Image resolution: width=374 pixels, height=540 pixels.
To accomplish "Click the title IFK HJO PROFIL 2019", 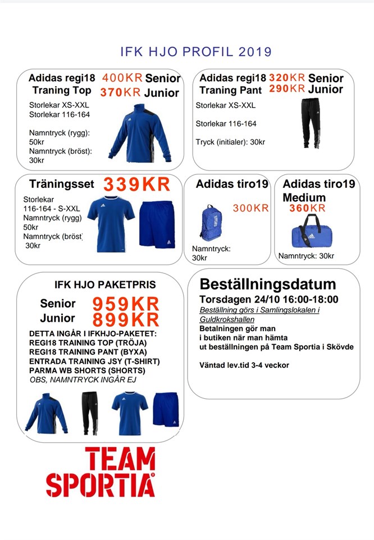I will pyautogui.click(x=196, y=52).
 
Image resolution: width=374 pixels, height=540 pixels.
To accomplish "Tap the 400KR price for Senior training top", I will pyautogui.click(x=122, y=78).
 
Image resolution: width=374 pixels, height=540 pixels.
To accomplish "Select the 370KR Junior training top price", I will pyautogui.click(x=120, y=93).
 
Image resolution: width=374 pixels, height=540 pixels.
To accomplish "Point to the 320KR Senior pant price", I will pyautogui.click(x=287, y=78).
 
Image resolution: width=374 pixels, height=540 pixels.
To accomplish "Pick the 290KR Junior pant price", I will pyautogui.click(x=287, y=89).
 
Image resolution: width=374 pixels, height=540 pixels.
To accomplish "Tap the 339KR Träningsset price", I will pyautogui.click(x=136, y=184).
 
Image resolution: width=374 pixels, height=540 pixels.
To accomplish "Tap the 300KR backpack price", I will pyautogui.click(x=251, y=209).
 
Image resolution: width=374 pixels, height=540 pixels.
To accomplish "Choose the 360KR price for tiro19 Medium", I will pyautogui.click(x=307, y=208).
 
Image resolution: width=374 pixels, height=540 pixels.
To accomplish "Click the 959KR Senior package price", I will pyautogui.click(x=126, y=304).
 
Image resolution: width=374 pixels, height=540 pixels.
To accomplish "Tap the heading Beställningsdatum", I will pyautogui.click(x=268, y=284).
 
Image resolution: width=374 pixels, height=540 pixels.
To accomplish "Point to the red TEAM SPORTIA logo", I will pyautogui.click(x=101, y=472).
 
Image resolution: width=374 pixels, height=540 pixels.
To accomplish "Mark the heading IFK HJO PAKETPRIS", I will pyautogui.click(x=105, y=285).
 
